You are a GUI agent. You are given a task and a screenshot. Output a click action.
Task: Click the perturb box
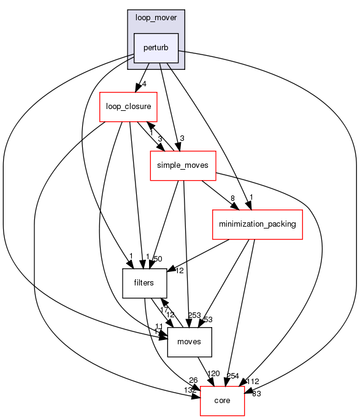(156, 48)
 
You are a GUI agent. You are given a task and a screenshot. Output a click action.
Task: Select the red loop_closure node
(129, 107)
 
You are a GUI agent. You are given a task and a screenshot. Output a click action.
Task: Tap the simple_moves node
(183, 165)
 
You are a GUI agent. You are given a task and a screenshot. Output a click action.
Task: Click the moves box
(190, 342)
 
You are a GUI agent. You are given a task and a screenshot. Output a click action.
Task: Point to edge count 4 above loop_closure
(143, 84)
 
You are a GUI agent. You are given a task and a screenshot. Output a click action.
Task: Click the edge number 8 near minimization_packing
(233, 197)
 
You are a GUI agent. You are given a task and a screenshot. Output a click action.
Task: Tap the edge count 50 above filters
(158, 259)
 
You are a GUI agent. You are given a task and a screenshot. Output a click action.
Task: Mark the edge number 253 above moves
(194, 315)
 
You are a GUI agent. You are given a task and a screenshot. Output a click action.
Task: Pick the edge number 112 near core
(253, 381)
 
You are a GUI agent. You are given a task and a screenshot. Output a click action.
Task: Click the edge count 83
(256, 394)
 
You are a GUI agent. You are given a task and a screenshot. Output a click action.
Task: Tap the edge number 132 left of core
(190, 390)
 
